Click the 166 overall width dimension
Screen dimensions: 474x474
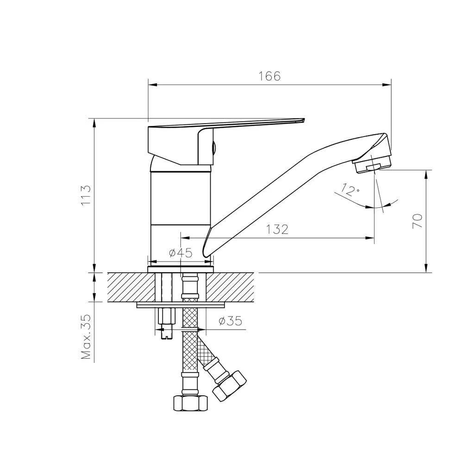269,76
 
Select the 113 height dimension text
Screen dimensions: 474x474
86,195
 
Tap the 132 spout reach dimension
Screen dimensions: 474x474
277,230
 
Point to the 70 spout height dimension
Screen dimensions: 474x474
417,221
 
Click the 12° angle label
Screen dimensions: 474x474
349,190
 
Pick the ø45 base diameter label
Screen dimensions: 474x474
181,252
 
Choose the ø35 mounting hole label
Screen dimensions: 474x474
231,321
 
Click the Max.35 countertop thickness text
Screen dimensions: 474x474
86,337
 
